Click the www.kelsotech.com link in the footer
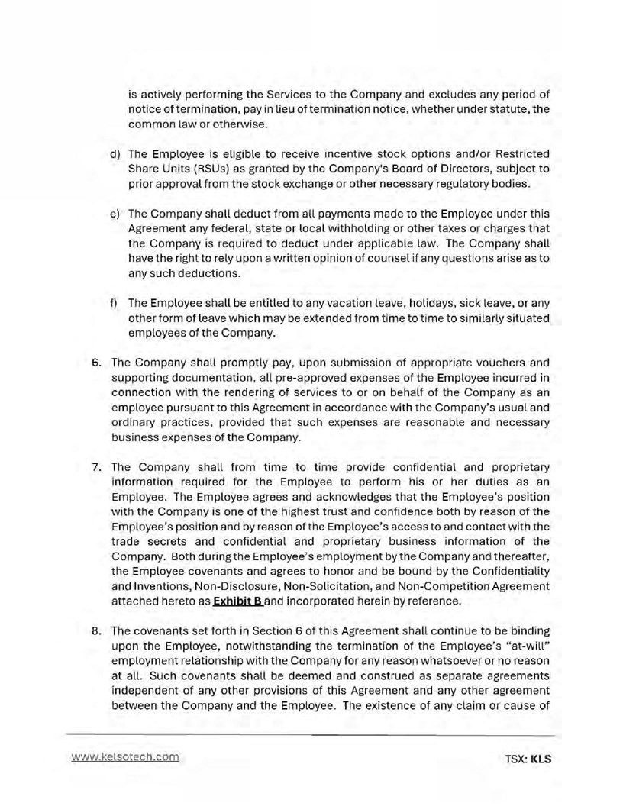click(125, 757)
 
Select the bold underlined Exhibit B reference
click(234, 601)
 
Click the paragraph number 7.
click(97, 466)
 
